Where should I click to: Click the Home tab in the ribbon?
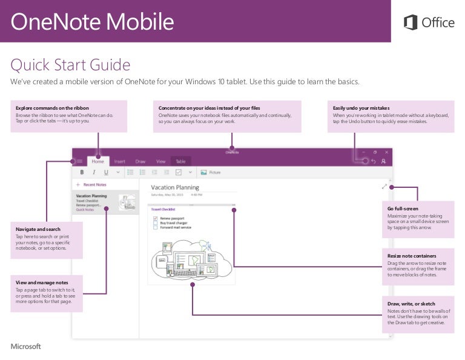click(97, 161)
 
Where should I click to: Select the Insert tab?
click(120, 161)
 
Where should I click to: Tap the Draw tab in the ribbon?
click(140, 161)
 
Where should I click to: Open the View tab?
click(160, 161)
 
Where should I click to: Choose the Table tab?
click(180, 161)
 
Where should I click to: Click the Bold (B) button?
click(82, 172)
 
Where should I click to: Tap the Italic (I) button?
click(94, 172)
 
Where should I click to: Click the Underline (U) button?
click(106, 172)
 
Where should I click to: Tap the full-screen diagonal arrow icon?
click(384, 187)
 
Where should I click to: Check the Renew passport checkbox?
click(156, 218)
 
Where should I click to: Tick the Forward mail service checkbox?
click(156, 228)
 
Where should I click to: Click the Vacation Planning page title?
click(175, 187)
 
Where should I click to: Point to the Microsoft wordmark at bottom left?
click(26, 347)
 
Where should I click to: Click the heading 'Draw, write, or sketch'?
click(411, 304)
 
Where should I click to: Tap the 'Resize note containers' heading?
click(412, 256)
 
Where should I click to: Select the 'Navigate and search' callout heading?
click(38, 230)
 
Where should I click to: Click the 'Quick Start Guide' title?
click(70, 64)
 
